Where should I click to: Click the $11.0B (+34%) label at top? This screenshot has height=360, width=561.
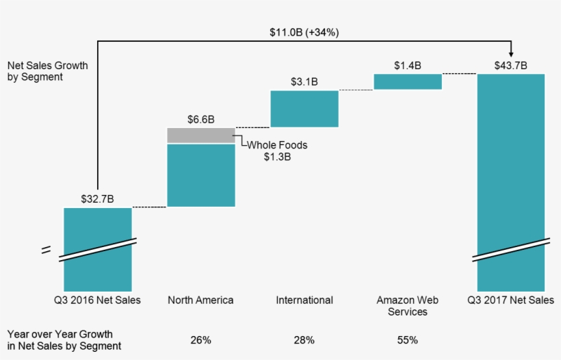click(x=304, y=31)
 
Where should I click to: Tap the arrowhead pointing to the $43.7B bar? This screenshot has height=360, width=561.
click(x=511, y=53)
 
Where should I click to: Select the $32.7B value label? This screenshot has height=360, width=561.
click(x=97, y=199)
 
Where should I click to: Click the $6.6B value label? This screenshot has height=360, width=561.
click(x=200, y=119)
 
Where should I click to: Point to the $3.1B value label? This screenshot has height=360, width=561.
click(x=304, y=82)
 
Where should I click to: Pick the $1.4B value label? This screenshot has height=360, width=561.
click(x=407, y=66)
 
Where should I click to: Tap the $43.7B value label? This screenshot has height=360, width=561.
click(x=511, y=66)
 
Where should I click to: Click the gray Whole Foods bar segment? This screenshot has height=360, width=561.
click(x=200, y=136)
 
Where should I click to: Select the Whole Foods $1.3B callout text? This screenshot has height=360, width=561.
click(x=277, y=151)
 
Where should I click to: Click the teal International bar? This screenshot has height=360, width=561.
click(x=304, y=109)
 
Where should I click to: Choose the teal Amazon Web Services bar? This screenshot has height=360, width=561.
click(x=407, y=81)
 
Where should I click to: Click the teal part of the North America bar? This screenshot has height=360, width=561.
click(x=200, y=175)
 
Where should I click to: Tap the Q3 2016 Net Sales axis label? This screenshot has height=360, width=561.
click(x=97, y=300)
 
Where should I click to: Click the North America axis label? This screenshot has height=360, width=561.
click(x=200, y=300)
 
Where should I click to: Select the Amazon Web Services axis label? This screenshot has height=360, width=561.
click(x=407, y=306)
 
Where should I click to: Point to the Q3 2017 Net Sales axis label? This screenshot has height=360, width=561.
click(x=511, y=300)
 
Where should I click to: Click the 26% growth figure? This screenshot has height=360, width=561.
click(x=200, y=339)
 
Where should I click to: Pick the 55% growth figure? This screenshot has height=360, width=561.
click(x=407, y=339)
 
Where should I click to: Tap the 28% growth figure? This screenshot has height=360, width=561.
click(x=304, y=339)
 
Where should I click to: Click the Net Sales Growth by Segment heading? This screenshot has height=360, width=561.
click(x=48, y=71)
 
